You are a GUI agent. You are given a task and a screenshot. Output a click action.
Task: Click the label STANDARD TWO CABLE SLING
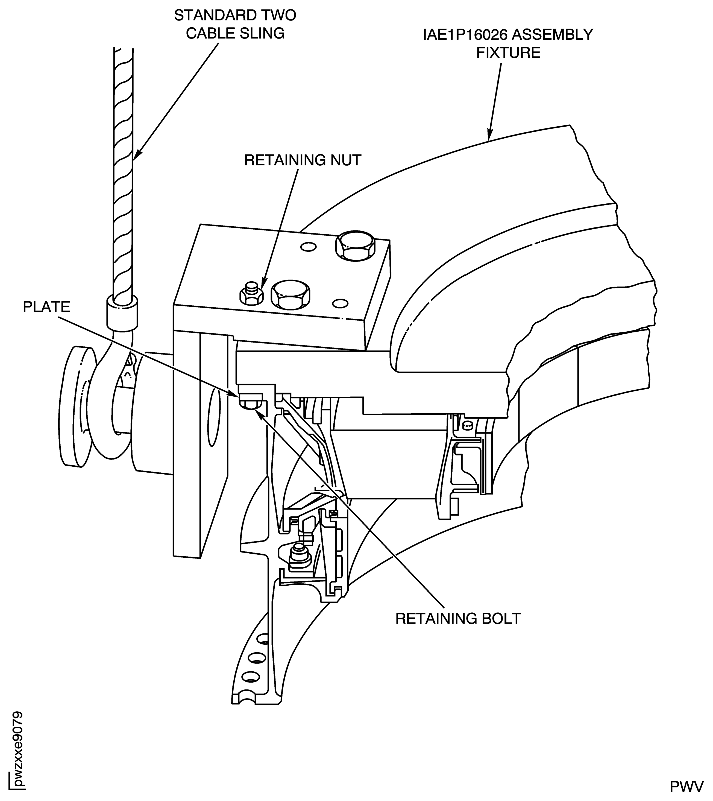click(235, 24)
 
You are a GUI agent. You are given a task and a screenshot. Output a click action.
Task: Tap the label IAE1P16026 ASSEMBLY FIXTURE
click(508, 43)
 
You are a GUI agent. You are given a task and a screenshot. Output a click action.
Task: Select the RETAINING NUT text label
click(303, 160)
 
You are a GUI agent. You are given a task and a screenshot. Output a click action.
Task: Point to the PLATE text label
click(46, 306)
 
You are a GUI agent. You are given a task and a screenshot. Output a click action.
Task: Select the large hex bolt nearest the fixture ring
click(355, 246)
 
